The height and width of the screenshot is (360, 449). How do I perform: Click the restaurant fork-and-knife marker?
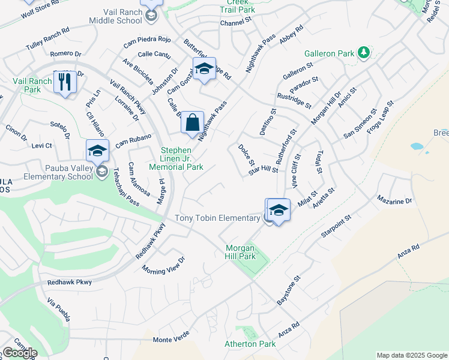pyautogui.click(x=65, y=82)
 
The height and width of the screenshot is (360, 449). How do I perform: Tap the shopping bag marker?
pyautogui.click(x=192, y=123)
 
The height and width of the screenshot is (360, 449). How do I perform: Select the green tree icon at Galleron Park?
pyautogui.click(x=363, y=53)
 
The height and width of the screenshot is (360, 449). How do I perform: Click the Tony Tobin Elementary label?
pyautogui.click(x=217, y=218)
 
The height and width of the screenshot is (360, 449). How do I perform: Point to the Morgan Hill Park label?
pyautogui.click(x=240, y=252)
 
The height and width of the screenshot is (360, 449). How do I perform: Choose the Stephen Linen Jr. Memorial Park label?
pyautogui.click(x=184, y=158)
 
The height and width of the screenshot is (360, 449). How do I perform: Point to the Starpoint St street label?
pyautogui.click(x=335, y=224)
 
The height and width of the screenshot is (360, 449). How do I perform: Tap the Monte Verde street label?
pyautogui.click(x=171, y=340)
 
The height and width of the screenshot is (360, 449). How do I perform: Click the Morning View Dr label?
pyautogui.click(x=163, y=266)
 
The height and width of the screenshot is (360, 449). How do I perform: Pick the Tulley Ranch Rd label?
pyautogui.click(x=47, y=38)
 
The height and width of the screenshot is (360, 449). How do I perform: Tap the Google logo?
pyautogui.click(x=20, y=353)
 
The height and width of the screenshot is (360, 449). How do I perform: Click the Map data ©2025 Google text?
pyautogui.click(x=411, y=355)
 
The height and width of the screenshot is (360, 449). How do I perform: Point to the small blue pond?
pyautogui.click(x=416, y=146)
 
